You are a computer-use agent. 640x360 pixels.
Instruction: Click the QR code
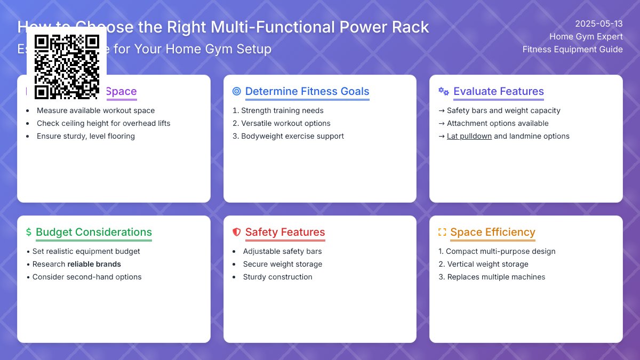coord(67,67)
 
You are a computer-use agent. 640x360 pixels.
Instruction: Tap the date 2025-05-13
coord(599,24)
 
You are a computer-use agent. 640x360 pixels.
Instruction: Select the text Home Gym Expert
coord(586,37)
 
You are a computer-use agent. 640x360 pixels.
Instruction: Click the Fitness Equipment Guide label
coord(572,50)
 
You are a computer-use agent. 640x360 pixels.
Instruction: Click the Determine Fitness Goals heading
coord(307,91)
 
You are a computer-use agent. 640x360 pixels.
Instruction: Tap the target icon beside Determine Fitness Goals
coord(237,91)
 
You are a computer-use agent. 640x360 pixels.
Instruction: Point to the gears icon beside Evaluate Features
coord(443,91)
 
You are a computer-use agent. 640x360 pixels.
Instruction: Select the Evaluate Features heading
coord(498,91)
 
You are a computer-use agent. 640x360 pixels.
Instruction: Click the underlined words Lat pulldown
coord(469,136)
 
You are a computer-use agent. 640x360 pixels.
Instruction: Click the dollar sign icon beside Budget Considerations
coord(29,232)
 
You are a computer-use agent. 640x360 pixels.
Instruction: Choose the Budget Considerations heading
coord(94,232)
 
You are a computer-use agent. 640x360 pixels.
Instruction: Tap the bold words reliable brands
coord(94,264)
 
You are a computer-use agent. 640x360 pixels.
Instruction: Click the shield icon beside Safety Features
coord(237,232)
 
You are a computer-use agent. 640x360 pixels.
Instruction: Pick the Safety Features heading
coord(285,232)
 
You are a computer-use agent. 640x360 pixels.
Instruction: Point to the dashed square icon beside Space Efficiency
coord(442,232)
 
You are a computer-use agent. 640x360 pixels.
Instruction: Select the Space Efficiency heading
coord(492,232)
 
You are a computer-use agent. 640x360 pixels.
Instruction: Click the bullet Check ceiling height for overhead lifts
coord(103,123)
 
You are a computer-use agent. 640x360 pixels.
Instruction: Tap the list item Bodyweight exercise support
coord(292,136)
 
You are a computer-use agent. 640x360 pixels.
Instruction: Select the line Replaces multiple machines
coord(496,277)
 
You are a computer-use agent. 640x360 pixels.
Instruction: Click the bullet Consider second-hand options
coord(87,277)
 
